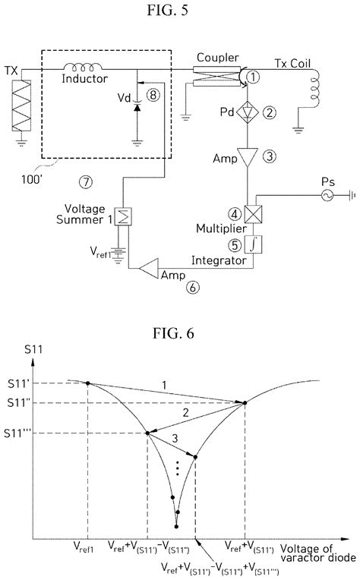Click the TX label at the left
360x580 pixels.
(x=11, y=66)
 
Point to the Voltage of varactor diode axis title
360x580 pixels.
(x=318, y=552)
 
